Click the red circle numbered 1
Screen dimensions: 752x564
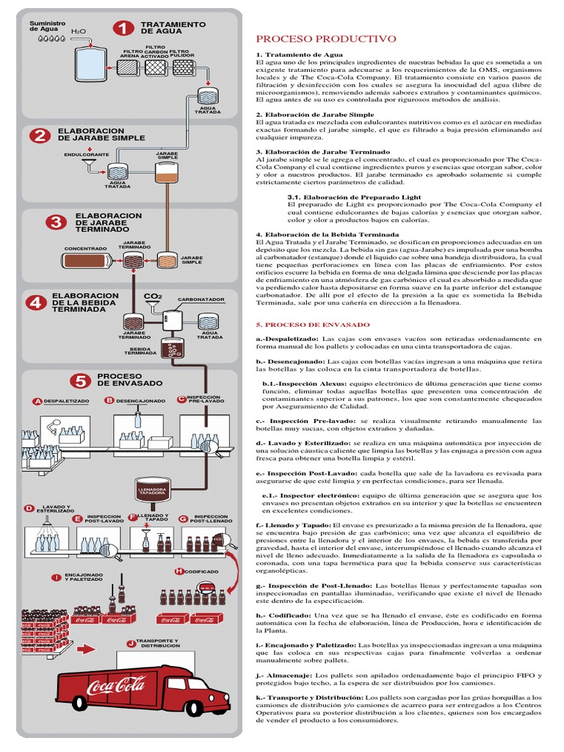coord(123,28)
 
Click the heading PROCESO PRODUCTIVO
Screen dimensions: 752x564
coord(325,39)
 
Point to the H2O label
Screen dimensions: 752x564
coord(78,33)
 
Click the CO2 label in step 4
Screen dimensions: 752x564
coord(152,296)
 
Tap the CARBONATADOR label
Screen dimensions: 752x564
coord(201,300)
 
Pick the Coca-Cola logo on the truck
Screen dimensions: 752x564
coord(116,687)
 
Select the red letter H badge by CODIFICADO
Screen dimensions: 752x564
coord(178,571)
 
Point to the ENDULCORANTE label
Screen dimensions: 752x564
coord(86,155)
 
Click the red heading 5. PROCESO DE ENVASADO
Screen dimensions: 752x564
coord(312,324)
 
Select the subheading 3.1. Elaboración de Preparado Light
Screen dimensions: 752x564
coord(354,197)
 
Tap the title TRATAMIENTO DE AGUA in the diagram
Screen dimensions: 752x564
coord(173,28)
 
